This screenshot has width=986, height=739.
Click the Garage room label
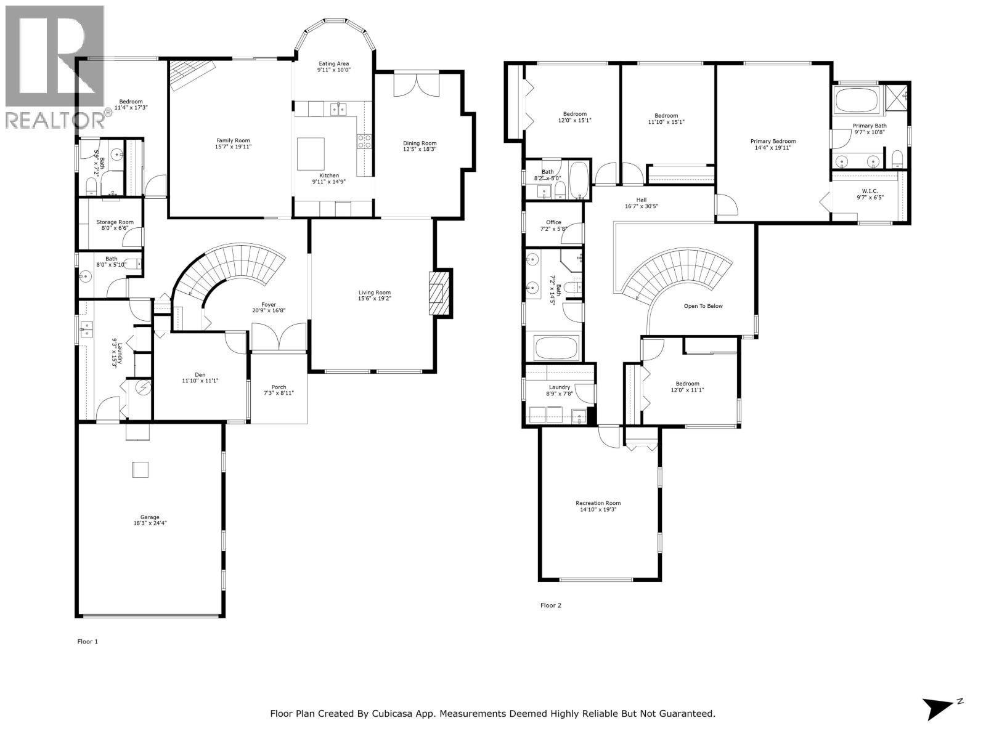coord(150,517)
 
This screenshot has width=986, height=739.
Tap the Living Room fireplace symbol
coord(438,293)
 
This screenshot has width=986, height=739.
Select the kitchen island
coord(311,153)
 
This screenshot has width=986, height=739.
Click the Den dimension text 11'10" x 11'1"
coord(200,381)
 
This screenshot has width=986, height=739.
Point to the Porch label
coord(279,387)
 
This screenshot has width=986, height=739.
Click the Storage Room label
coord(115,222)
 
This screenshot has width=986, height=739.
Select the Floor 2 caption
coord(550,605)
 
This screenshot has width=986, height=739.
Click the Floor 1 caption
coord(88,642)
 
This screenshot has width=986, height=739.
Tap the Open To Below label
coord(703,306)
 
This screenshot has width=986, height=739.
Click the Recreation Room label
coord(598,503)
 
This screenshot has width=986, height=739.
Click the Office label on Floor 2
coord(553,222)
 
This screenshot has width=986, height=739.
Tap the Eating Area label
coord(333,63)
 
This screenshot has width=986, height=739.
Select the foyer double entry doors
coord(279,338)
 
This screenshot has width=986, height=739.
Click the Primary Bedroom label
coord(773,141)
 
